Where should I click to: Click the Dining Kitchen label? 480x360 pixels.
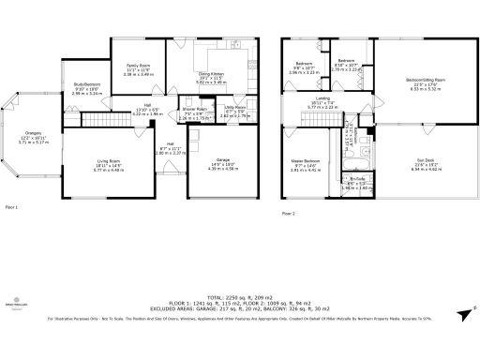[208, 78]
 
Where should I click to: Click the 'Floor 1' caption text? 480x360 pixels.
[12, 205]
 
